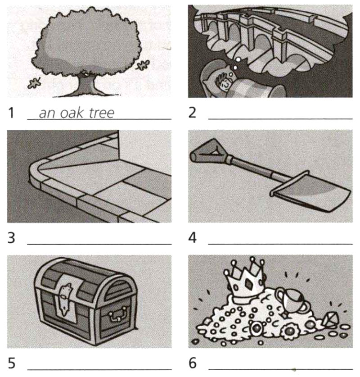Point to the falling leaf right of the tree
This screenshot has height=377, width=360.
click(x=143, y=65)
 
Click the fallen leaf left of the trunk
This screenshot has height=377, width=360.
click(x=34, y=83)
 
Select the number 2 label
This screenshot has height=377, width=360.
click(x=192, y=113)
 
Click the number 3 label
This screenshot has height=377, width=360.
click(x=11, y=238)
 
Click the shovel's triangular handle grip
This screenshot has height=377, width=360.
click(x=208, y=151)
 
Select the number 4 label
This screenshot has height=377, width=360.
click(x=192, y=238)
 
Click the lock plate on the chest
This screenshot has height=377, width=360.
click(x=64, y=299)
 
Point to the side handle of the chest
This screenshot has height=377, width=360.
click(x=118, y=314)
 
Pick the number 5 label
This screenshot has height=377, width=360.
click(x=12, y=363)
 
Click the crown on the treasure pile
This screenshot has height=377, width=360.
click(x=244, y=280)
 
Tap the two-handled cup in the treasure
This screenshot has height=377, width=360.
click(x=292, y=300)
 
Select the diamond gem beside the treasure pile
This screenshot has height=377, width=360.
click(x=330, y=320)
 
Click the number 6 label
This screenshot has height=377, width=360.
click(x=193, y=363)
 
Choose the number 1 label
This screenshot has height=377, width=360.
click(x=11, y=113)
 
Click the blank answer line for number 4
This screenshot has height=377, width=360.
click(x=280, y=244)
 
